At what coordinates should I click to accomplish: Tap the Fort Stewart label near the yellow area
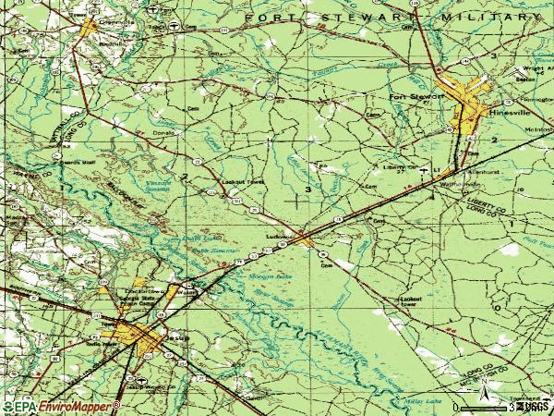(x=411, y=95)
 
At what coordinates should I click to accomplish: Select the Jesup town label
(x=177, y=339)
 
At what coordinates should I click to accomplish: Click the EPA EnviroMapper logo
(x=60, y=406)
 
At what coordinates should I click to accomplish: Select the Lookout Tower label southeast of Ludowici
(x=409, y=300)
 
